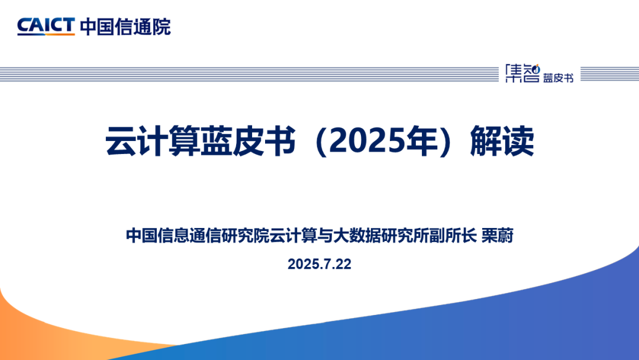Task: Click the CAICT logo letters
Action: click(46, 25)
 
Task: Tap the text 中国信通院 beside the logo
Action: click(125, 27)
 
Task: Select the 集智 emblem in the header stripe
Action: click(522, 73)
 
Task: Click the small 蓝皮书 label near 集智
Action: click(558, 78)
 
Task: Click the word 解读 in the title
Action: click(502, 141)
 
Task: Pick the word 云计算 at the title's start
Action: click(153, 141)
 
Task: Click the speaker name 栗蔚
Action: click(497, 236)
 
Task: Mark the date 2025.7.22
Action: click(319, 264)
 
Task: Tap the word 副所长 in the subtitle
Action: click(453, 236)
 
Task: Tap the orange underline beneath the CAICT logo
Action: click(46, 35)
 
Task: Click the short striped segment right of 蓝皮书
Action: click(609, 74)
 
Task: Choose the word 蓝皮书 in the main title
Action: click(248, 141)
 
